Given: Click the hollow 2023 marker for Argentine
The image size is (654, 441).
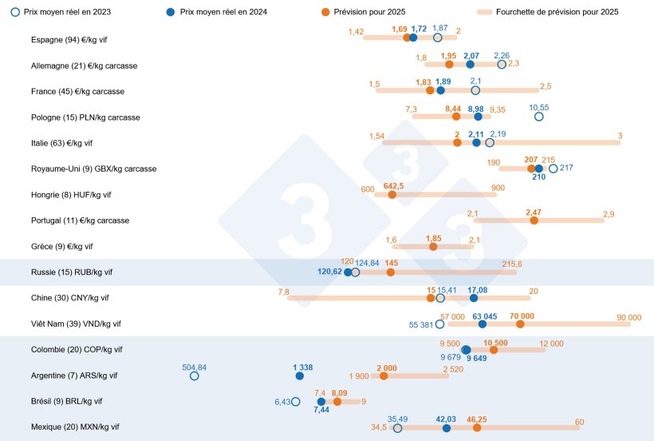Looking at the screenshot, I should [194, 375].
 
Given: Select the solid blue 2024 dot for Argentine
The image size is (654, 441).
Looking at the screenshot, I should [299, 375].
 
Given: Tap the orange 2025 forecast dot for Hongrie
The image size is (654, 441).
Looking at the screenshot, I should [392, 194].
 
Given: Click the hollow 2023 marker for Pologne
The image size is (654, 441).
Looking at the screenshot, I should [539, 117].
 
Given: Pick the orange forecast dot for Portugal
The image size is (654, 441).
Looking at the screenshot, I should [534, 220].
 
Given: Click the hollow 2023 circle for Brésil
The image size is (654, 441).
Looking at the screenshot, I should [296, 402].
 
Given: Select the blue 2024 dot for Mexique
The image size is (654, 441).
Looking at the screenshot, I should [446, 428].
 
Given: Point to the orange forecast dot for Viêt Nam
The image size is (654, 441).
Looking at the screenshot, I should [520, 324].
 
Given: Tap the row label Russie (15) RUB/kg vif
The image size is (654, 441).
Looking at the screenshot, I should [72, 272].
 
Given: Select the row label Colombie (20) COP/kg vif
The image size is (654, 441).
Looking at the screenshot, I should [77, 350].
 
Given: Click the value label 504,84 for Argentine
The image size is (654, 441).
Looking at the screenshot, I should [194, 367].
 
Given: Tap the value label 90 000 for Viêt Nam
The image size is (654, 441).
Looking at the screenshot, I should [628, 317].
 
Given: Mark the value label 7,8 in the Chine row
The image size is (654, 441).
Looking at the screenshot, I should [283, 292].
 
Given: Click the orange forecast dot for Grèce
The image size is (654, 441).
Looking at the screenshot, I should [433, 246].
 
